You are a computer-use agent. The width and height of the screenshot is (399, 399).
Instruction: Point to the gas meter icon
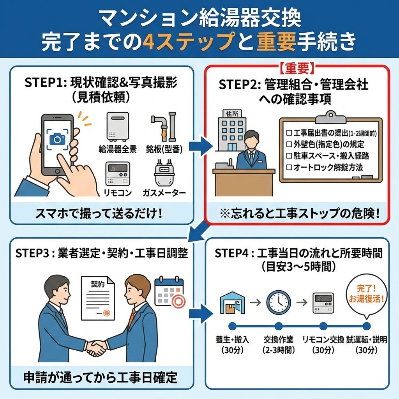pos(164,175)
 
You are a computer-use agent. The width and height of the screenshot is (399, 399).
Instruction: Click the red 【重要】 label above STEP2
pos(297,68)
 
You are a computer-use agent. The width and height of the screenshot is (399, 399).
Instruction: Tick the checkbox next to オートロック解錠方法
pos(289,167)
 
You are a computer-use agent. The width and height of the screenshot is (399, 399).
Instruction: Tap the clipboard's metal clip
pos(330,116)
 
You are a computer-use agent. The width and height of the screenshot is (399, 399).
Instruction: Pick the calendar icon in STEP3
pos(169,293)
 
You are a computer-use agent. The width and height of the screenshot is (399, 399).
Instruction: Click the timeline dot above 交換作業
pos(278,326)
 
